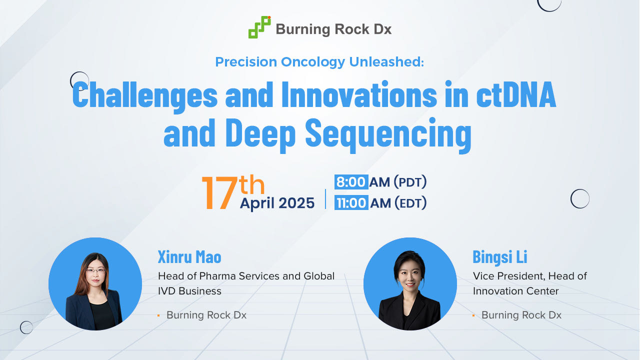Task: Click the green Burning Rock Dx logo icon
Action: pyautogui.click(x=259, y=27)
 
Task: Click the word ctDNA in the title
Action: pyautogui.click(x=516, y=94)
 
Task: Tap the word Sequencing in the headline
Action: pyautogui.click(x=388, y=134)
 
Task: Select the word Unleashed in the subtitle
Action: pyautogui.click(x=386, y=61)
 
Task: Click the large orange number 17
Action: pyautogui.click(x=219, y=193)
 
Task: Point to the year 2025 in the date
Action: pyautogui.click(x=296, y=203)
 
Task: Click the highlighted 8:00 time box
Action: pyautogui.click(x=351, y=182)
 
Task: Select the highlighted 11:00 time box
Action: pyautogui.click(x=351, y=202)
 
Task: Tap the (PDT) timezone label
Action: pyautogui.click(x=410, y=182)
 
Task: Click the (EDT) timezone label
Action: pyautogui.click(x=411, y=203)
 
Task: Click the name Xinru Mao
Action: pyautogui.click(x=189, y=256)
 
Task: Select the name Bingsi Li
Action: pyautogui.click(x=500, y=256)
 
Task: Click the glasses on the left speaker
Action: pyautogui.click(x=95, y=270)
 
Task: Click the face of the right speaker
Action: pyautogui.click(x=409, y=275)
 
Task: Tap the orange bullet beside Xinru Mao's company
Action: pyautogui.click(x=158, y=315)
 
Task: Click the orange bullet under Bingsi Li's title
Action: pyautogui.click(x=473, y=315)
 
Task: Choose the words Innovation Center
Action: pyautogui.click(x=515, y=291)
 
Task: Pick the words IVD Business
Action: pyautogui.click(x=189, y=291)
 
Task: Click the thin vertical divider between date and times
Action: pyautogui.click(x=325, y=199)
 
